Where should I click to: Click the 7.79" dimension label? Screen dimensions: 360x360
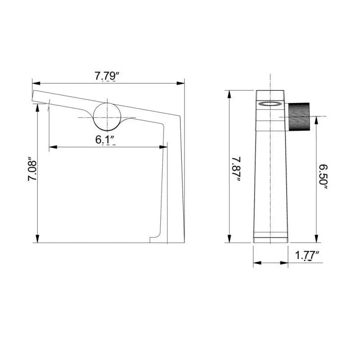[x=106, y=76]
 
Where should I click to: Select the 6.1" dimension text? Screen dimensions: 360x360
[x=105, y=139]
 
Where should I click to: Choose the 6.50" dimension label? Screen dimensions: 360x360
[x=323, y=177]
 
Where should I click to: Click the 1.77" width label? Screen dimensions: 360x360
[x=307, y=256]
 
